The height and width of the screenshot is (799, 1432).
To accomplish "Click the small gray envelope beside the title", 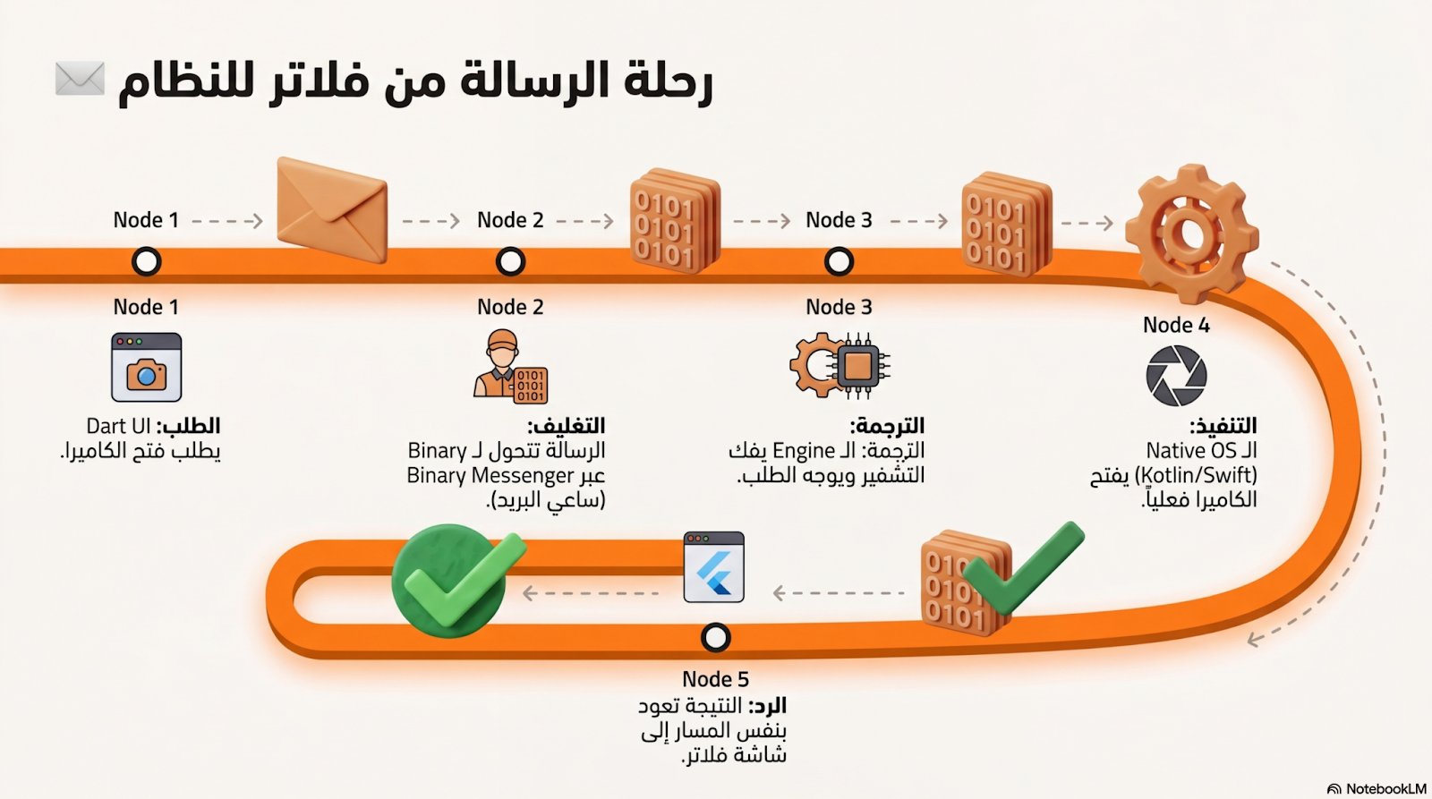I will [x=80, y=79].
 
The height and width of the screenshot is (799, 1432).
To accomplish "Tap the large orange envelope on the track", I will [x=332, y=210].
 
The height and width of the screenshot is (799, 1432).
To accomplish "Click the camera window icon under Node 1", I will [x=147, y=367].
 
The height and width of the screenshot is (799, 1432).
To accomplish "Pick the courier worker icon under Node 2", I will [x=508, y=366].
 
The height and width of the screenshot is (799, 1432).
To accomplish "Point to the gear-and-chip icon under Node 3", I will [x=840, y=365].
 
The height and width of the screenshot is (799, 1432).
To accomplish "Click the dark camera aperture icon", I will [x=1176, y=376].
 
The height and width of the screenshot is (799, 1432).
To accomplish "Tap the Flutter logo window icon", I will [x=713, y=567].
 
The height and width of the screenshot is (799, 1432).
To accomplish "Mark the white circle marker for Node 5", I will [x=715, y=638].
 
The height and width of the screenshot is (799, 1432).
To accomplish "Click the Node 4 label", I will [x=1176, y=326].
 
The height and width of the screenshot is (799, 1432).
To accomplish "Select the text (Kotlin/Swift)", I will [x=1196, y=475].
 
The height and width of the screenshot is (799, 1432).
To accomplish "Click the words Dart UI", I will [x=118, y=426].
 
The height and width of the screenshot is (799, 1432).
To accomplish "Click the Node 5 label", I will [x=715, y=679].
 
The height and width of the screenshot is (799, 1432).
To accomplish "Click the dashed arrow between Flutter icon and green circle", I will [x=591, y=592].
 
